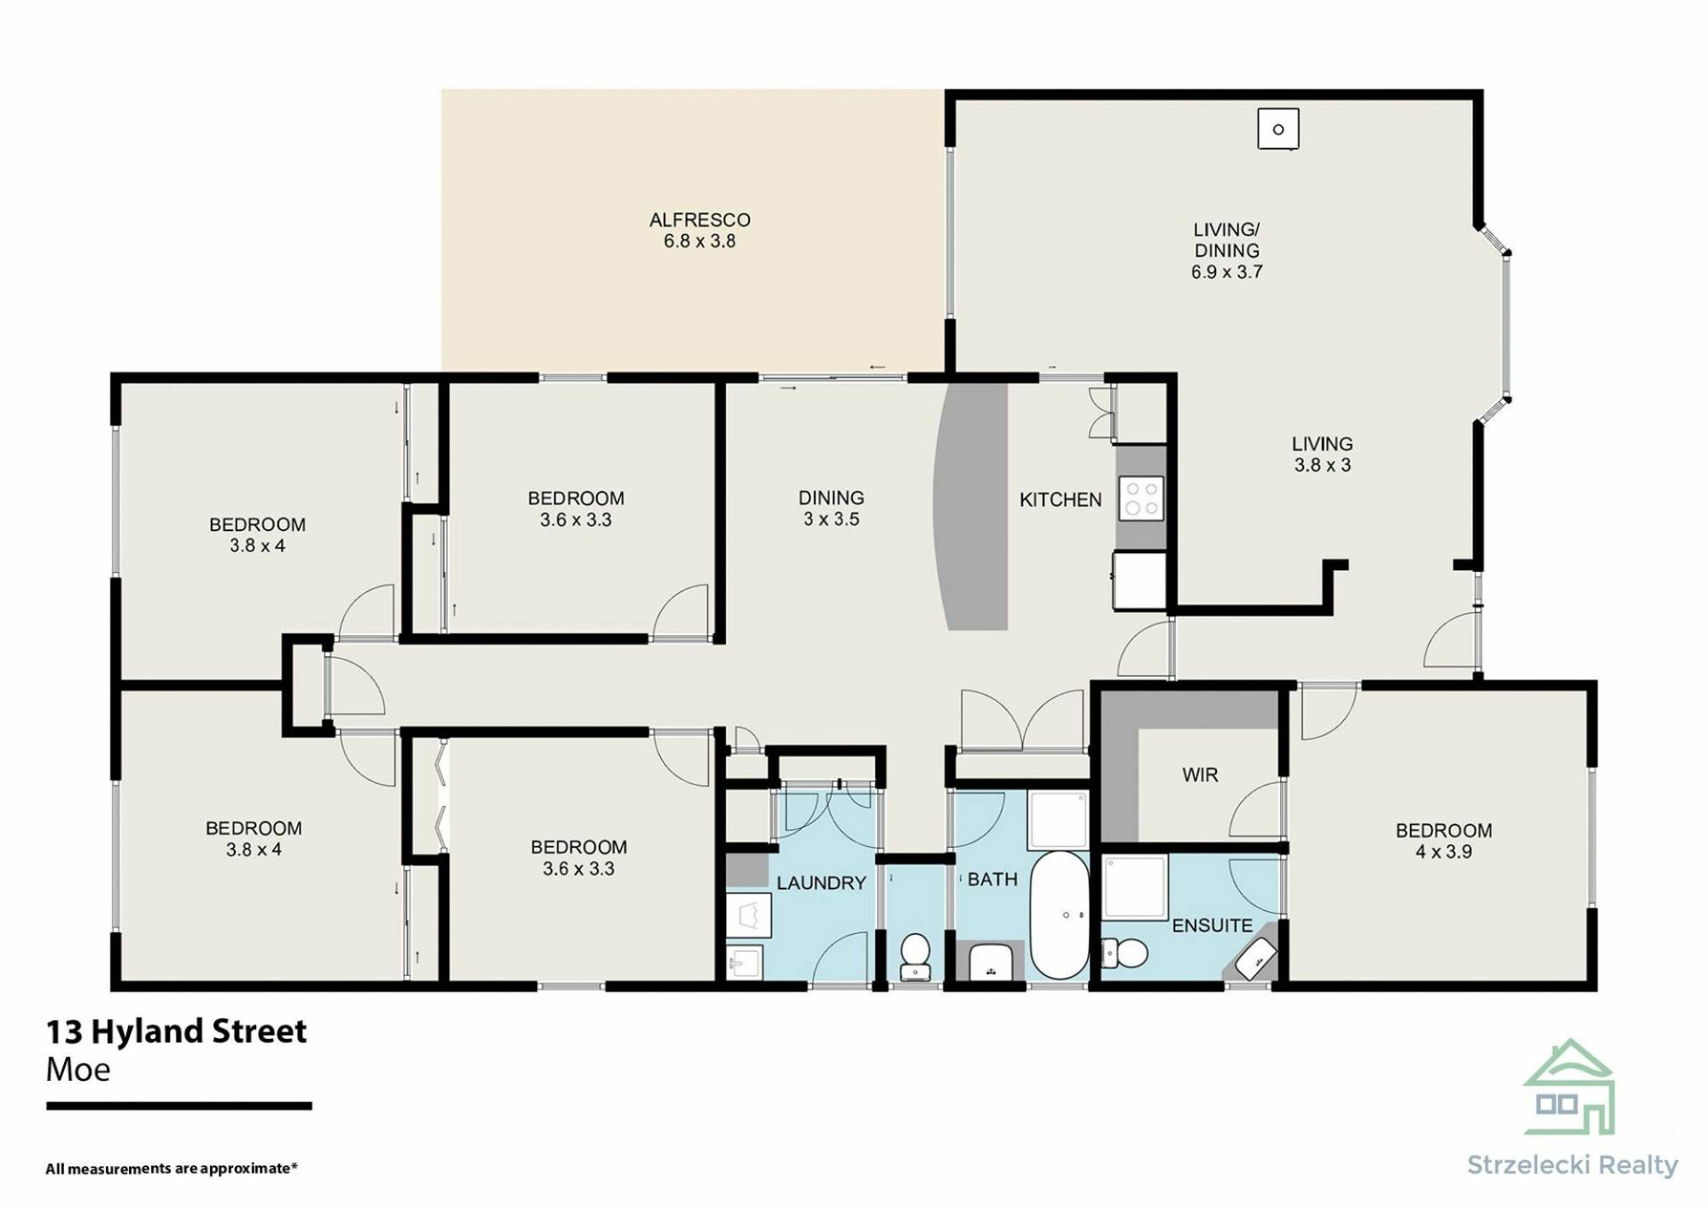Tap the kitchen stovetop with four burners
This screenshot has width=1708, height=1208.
pyautogui.click(x=1141, y=499)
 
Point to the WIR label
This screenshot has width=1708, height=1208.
pyautogui.click(x=1200, y=775)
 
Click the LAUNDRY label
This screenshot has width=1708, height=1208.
pyautogui.click(x=821, y=883)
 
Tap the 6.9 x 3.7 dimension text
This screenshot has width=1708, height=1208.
pyautogui.click(x=1227, y=272)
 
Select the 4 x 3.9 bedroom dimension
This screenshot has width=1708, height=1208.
pyautogui.click(x=1444, y=852)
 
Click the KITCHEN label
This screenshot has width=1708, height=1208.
pyautogui.click(x=1060, y=500)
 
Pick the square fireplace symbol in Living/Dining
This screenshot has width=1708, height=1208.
pyautogui.click(x=1278, y=129)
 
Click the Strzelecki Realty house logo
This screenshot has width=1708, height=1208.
pyautogui.click(x=1569, y=1087)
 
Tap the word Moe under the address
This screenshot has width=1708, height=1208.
pyautogui.click(x=78, y=1069)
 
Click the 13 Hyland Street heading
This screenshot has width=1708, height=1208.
pyautogui.click(x=176, y=1032)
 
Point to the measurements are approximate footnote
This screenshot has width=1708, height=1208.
pyautogui.click(x=172, y=1168)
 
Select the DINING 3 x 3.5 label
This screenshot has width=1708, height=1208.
pyautogui.click(x=831, y=509)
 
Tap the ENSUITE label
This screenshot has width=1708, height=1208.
pyautogui.click(x=1212, y=926)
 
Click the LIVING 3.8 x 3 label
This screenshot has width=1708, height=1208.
pyautogui.click(x=1322, y=454)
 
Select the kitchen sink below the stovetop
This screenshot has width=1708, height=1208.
pyautogui.click(x=1140, y=580)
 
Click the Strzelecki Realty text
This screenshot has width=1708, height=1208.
pyautogui.click(x=1572, y=1165)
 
